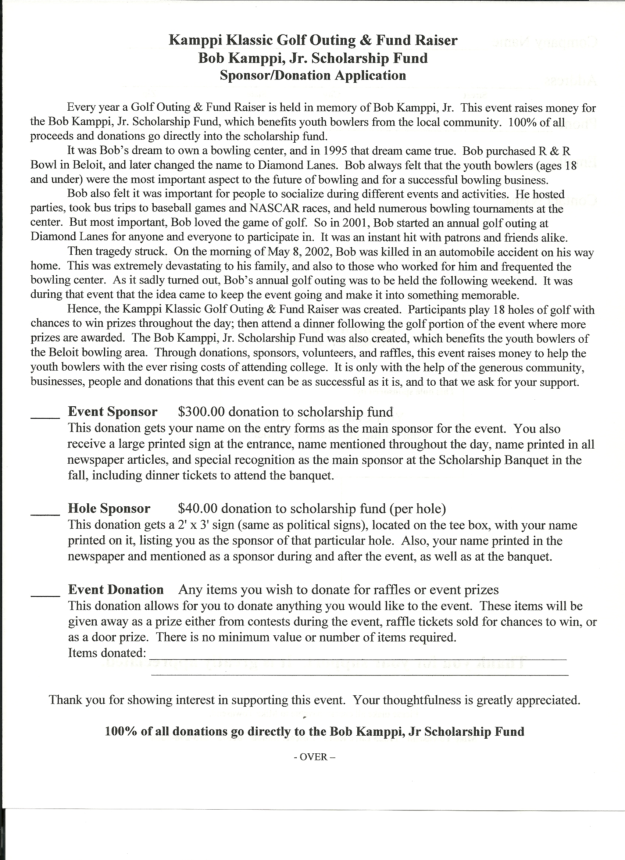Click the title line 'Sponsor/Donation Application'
coord(313,75)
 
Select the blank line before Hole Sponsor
coord(45,514)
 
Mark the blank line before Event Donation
coord(45,595)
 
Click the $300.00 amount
coord(201,412)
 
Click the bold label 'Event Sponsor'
coord(112,412)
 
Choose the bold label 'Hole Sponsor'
coord(109,508)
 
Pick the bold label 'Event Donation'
coord(116,590)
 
